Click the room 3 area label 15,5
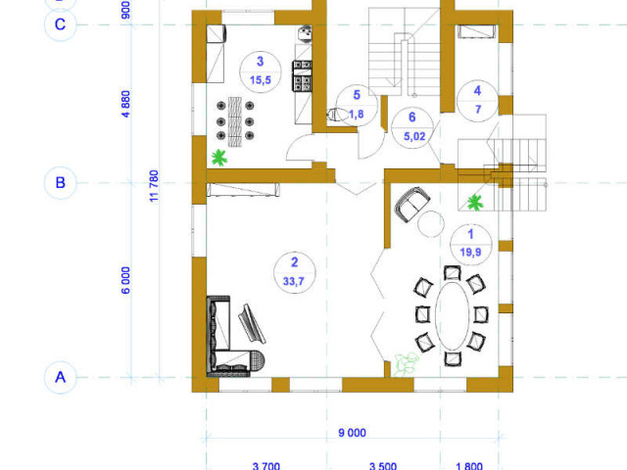(261, 80)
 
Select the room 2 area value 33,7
(294, 281)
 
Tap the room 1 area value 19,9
(470, 253)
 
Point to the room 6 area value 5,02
(414, 136)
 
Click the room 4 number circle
(477, 101)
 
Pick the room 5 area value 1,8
(357, 115)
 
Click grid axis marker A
(60, 377)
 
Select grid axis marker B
(60, 183)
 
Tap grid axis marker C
(60, 24)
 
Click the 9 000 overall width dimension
(352, 433)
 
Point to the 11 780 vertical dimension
(154, 186)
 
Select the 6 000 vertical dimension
(125, 280)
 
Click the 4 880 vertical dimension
(125, 104)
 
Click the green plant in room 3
(218, 158)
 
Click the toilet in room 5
(335, 115)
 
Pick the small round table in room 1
(431, 224)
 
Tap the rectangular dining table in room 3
(235, 121)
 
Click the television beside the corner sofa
(252, 324)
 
